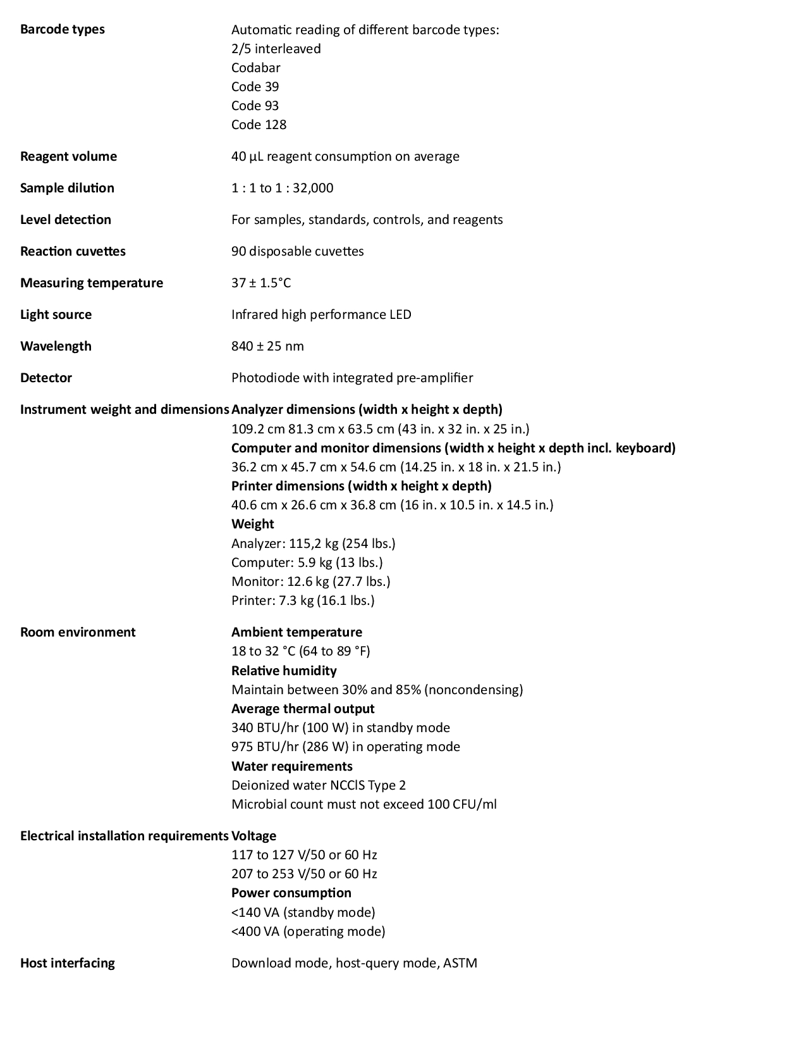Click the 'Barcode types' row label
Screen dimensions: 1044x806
point(62,29)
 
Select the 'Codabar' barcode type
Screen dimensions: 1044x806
point(255,68)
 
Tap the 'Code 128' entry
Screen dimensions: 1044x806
point(259,125)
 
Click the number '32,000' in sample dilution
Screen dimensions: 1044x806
point(313,188)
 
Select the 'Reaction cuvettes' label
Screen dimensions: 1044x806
point(73,251)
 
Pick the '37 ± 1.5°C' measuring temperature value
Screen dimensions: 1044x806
point(261,283)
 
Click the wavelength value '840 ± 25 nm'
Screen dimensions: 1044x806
point(267,346)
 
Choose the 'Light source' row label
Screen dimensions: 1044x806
point(56,314)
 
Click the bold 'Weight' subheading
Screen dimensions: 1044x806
point(252,524)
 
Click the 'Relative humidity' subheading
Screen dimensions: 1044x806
point(284,671)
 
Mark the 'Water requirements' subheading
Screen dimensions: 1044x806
point(291,766)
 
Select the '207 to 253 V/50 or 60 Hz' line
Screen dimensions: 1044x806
point(304,874)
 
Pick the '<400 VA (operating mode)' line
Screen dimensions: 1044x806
point(308,931)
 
